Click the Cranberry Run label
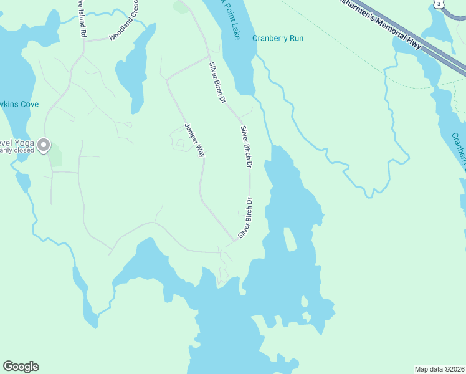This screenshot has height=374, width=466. pyautogui.click(x=278, y=38)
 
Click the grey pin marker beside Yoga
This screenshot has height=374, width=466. pyautogui.click(x=44, y=145)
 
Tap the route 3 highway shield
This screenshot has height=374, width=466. pyautogui.click(x=439, y=4)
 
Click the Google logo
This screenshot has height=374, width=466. pyautogui.click(x=21, y=367)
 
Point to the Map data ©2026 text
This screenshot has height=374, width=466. pyautogui.click(x=439, y=368)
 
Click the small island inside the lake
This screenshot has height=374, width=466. pyautogui.click(x=290, y=239)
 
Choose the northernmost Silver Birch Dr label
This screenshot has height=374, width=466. pyautogui.click(x=217, y=82)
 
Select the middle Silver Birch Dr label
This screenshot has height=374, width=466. pyautogui.click(x=245, y=147)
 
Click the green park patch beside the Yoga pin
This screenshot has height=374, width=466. pyautogui.click(x=55, y=155)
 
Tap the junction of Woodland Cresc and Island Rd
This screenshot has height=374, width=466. pyautogui.click(x=84, y=41)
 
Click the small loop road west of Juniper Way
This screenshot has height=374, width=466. pyautogui.click(x=179, y=145)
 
